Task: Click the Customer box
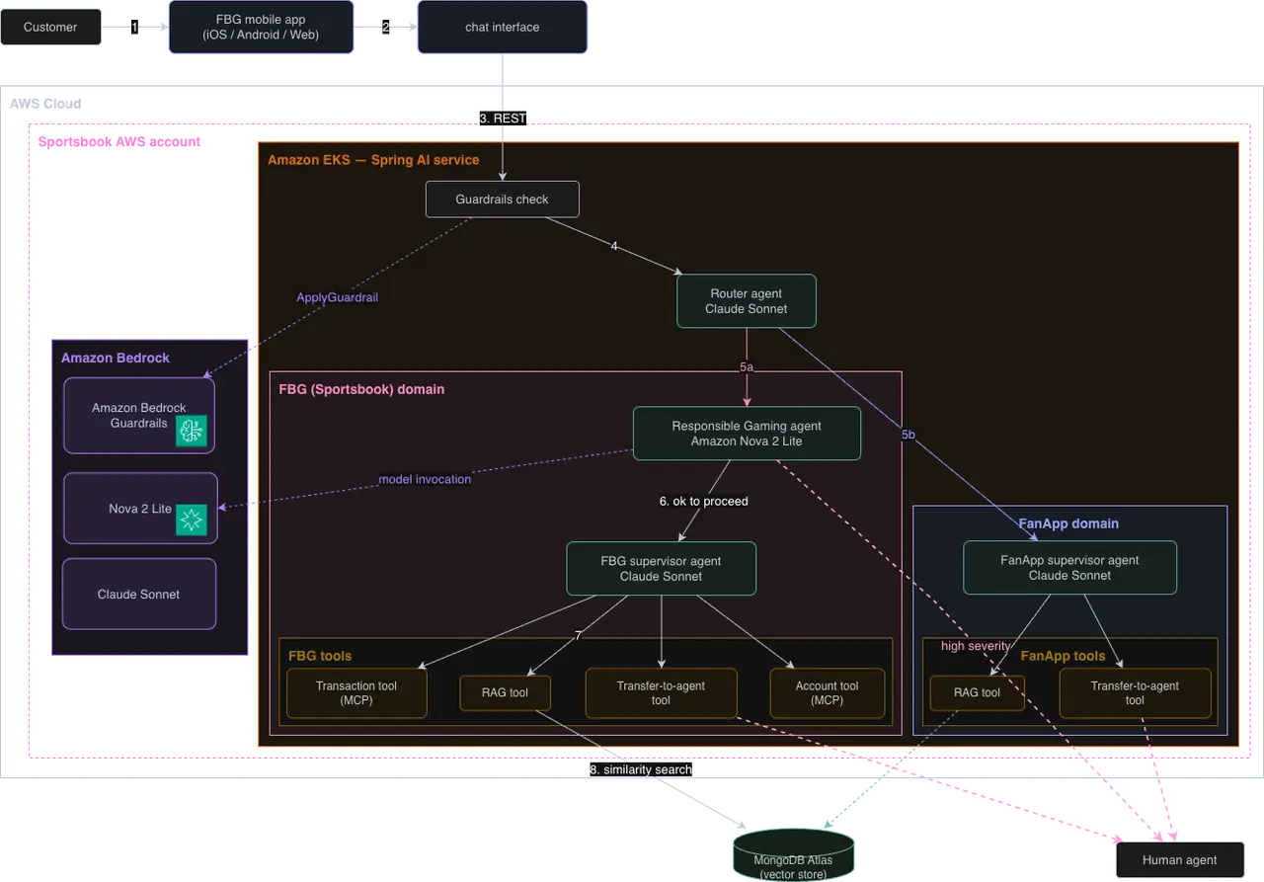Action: (50, 27)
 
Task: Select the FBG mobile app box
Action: (261, 27)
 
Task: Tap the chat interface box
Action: (503, 27)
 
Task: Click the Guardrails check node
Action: (503, 200)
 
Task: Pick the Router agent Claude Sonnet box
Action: (746, 301)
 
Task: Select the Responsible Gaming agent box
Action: (747, 434)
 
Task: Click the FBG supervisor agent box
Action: (661, 568)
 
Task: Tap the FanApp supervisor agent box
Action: (1069, 568)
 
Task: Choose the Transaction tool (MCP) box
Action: (356, 693)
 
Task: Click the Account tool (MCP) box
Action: (828, 693)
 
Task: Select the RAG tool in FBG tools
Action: (505, 692)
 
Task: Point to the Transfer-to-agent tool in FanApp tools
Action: (1135, 693)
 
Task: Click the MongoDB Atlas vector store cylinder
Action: (793, 855)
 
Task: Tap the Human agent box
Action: (1180, 859)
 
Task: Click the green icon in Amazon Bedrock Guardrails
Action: (192, 432)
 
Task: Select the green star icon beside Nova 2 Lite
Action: (192, 520)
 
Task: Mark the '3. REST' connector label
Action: (503, 118)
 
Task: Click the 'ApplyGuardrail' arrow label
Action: (338, 297)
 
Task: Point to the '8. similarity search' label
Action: (641, 769)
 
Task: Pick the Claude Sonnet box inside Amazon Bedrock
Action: (139, 594)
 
